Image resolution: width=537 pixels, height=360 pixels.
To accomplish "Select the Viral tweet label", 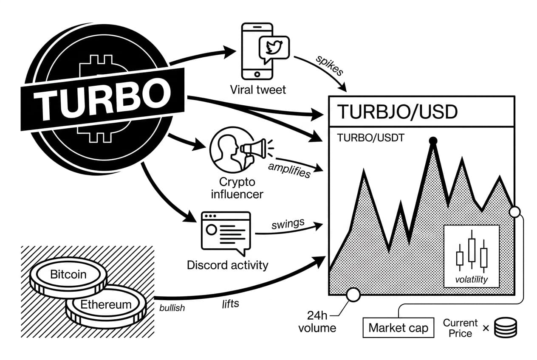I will click(x=258, y=90).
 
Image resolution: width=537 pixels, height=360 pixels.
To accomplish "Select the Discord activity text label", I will click(x=228, y=265).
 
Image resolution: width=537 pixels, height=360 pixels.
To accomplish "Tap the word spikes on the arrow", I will click(x=329, y=65).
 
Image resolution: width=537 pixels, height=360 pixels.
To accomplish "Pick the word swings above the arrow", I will click(x=288, y=224).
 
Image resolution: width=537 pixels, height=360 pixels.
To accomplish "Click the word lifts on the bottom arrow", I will click(x=231, y=303).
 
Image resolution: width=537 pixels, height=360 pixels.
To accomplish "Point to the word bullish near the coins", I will click(x=172, y=308).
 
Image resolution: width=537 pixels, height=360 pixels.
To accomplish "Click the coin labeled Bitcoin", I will click(x=68, y=275).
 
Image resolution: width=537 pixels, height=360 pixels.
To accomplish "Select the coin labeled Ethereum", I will click(x=106, y=305).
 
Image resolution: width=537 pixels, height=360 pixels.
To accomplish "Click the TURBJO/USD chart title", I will click(x=397, y=112).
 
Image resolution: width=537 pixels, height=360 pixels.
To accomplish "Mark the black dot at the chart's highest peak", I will click(x=433, y=141).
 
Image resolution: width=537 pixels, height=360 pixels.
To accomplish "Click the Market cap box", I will click(x=398, y=328).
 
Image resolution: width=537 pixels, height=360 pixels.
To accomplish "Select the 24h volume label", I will click(x=317, y=321).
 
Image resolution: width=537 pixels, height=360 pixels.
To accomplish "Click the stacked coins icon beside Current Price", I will click(x=506, y=328).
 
